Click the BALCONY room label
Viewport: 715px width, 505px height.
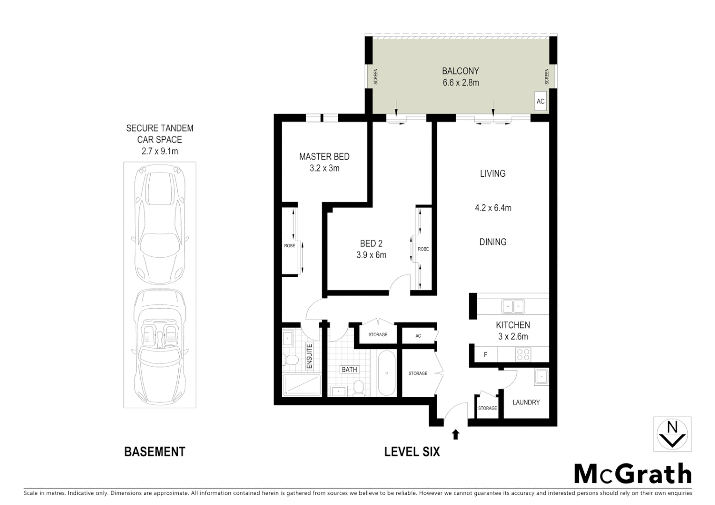[460, 71]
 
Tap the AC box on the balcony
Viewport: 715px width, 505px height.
[540, 101]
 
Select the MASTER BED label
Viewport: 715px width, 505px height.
[324, 157]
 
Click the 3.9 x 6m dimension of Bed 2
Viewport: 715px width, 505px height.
[371, 255]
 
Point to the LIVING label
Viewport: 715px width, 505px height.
[493, 173]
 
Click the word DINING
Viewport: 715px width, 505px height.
[493, 242]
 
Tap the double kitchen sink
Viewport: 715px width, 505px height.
[513, 307]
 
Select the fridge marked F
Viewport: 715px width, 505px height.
[486, 354]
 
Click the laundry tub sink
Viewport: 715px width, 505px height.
[541, 376]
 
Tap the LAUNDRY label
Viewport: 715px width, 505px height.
[526, 402]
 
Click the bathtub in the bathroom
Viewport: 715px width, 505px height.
[387, 373]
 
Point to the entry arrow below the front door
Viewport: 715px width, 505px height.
[455, 435]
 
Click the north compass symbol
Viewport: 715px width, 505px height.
[672, 433]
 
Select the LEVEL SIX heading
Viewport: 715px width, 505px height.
[412, 452]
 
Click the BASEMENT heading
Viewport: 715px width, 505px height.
[154, 452]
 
